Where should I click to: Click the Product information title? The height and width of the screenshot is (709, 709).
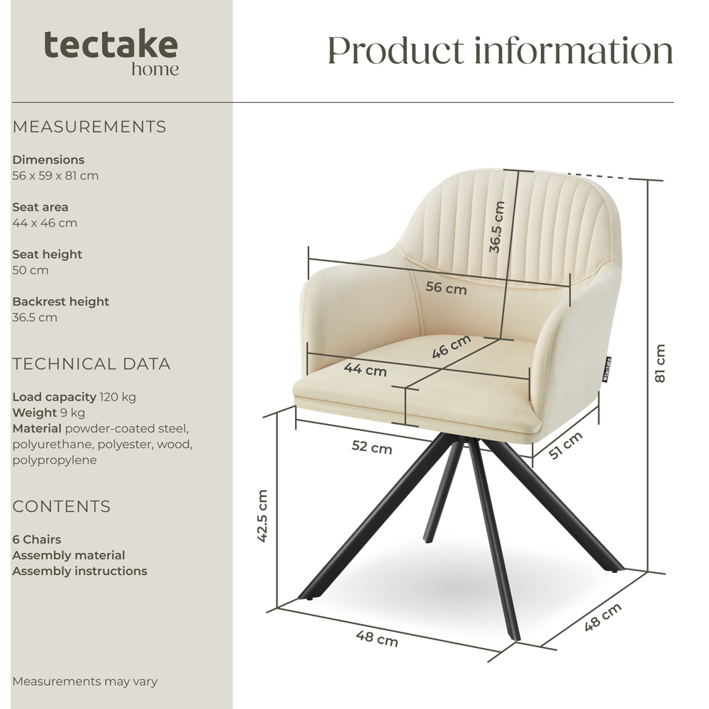click(500, 50)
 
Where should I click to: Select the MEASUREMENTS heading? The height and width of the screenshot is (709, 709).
click(89, 127)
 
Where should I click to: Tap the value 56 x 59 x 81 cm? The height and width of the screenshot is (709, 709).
click(55, 176)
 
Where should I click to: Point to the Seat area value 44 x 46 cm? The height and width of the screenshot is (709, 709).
click(45, 223)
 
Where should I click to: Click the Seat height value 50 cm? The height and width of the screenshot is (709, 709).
click(30, 270)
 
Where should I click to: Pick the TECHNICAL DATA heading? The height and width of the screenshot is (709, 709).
click(91, 364)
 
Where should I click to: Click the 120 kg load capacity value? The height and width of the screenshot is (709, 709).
click(118, 397)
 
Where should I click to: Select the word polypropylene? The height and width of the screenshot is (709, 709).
click(55, 460)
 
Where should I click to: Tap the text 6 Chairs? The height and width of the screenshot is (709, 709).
click(37, 540)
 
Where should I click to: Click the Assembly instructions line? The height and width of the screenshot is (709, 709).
click(79, 571)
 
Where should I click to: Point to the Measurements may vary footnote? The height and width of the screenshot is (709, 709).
click(85, 681)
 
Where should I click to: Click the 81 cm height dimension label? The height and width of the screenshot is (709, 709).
click(660, 363)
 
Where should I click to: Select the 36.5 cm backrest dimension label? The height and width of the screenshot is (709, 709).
click(497, 227)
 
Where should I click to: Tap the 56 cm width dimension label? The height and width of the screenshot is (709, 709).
click(446, 289)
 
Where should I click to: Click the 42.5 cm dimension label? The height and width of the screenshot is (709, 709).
click(263, 515)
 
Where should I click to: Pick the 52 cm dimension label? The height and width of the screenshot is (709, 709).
click(372, 447)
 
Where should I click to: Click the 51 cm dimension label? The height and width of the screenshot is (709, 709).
click(566, 445)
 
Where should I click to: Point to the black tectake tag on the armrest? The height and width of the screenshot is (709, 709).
click(608, 369)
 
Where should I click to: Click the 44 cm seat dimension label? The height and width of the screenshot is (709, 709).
click(365, 369)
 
